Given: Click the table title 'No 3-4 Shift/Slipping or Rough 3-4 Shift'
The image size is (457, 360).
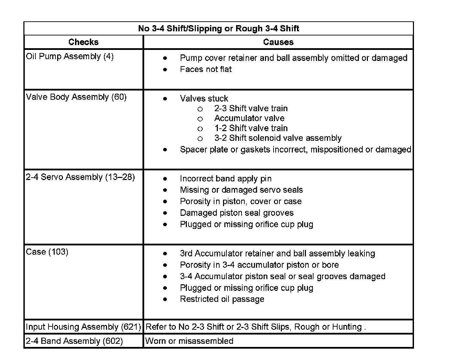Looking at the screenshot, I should click(x=219, y=29).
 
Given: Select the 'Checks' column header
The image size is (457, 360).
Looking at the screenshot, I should click(x=83, y=42).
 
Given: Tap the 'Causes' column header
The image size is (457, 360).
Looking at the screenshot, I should click(x=278, y=42).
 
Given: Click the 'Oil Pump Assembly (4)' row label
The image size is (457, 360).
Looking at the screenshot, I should click(x=70, y=56).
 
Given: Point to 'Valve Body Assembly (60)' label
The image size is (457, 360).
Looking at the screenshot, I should click(x=76, y=97).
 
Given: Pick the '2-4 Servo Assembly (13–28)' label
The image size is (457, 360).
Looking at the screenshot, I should click(x=80, y=177).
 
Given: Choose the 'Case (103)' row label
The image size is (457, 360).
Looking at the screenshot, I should click(x=47, y=252).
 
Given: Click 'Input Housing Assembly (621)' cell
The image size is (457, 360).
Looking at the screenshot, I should click(x=83, y=327).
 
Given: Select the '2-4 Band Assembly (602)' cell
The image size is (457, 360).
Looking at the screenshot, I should click(x=74, y=341).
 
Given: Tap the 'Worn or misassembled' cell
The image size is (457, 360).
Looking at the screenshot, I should click(x=189, y=341).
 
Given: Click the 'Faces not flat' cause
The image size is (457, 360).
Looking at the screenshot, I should click(x=206, y=70).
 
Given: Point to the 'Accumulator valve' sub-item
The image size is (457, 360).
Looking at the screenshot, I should click(x=249, y=118).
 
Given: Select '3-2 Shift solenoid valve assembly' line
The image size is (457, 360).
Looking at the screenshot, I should click(x=278, y=138).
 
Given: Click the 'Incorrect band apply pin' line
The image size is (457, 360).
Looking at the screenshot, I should click(x=225, y=179).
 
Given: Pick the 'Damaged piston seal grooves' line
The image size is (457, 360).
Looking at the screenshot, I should click(x=237, y=213).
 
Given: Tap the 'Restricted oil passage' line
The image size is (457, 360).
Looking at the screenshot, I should click(x=222, y=299).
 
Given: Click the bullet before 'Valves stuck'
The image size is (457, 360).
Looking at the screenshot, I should click(x=165, y=99).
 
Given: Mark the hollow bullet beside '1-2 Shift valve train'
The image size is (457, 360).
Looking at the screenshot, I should click(x=200, y=129).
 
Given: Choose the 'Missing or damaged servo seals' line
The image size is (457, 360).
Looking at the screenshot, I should click(x=241, y=190).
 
